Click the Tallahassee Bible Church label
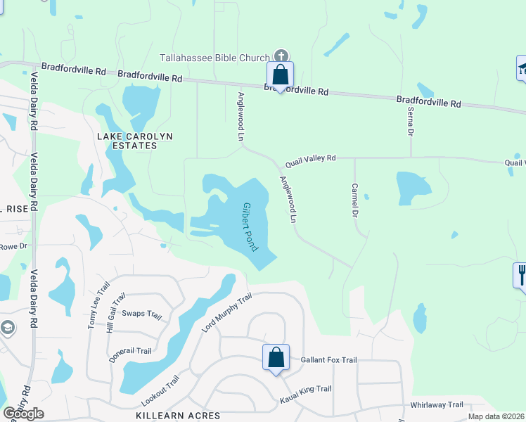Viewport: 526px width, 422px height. click(x=214, y=58)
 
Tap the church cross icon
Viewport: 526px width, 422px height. click(x=281, y=56)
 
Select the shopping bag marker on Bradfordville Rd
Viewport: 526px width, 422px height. click(x=280, y=75)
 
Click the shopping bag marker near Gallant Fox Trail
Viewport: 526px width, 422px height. click(x=276, y=357)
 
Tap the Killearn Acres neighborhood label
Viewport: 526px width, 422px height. click(x=177, y=416)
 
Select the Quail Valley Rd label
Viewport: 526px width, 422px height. click(x=310, y=160)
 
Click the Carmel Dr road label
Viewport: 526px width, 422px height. click(x=355, y=200)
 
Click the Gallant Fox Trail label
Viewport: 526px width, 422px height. click(x=328, y=359)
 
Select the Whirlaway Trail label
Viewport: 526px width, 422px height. click(x=437, y=404)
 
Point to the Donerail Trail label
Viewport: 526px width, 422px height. click(x=131, y=354)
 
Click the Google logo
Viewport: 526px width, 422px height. click(x=23, y=414)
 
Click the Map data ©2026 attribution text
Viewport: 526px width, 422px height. click(x=496, y=416)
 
